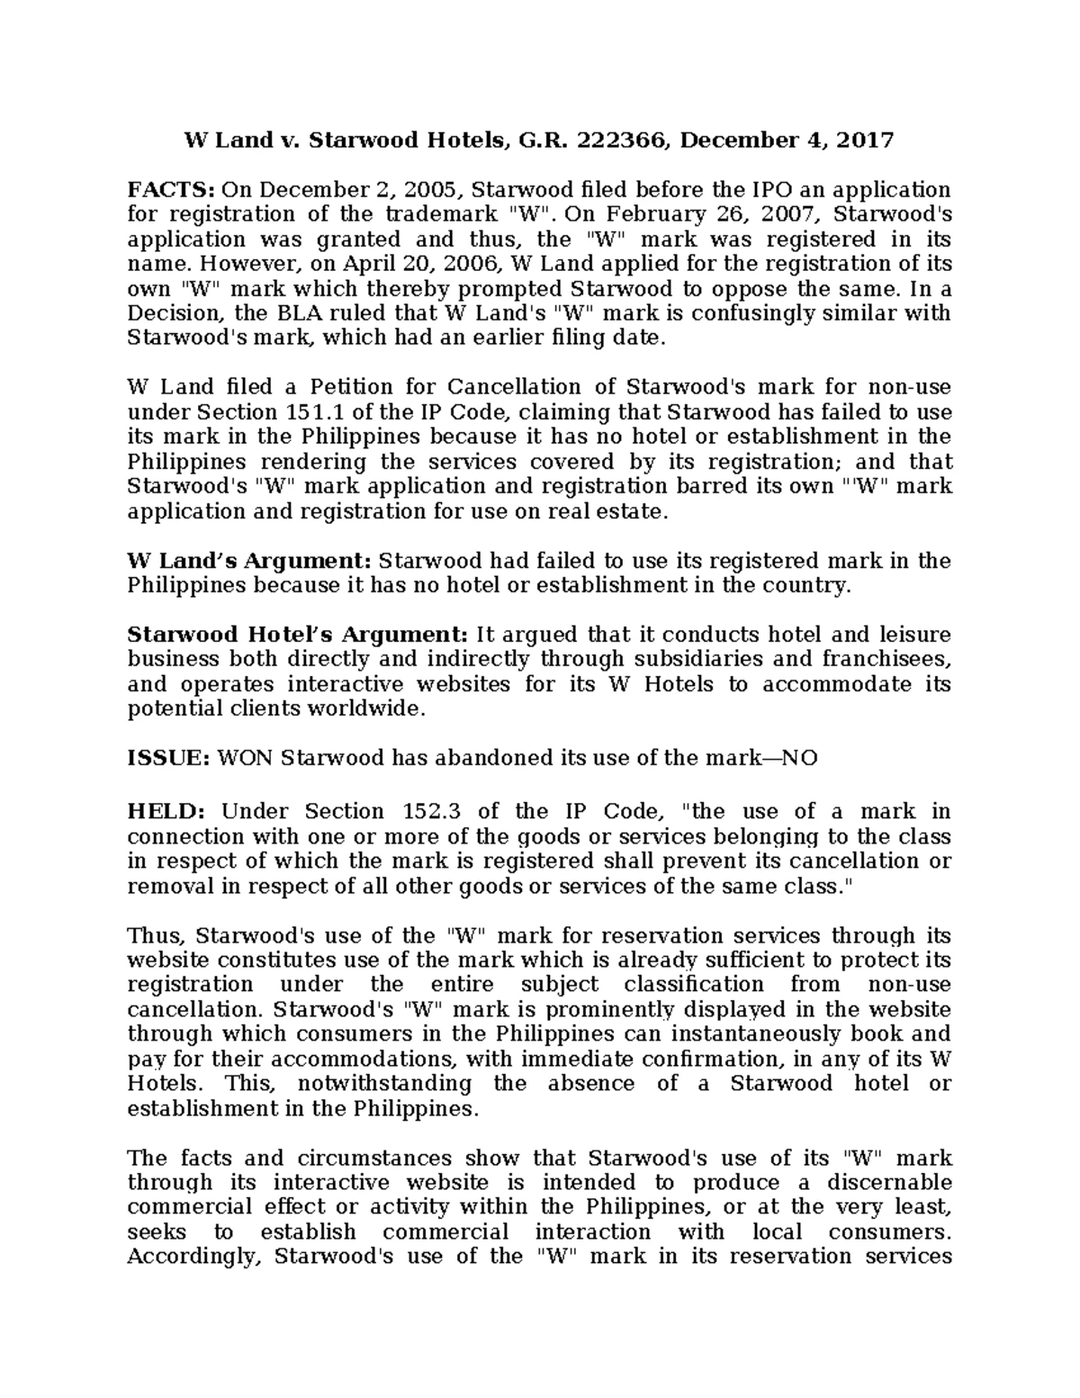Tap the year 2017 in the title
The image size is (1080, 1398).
click(x=865, y=140)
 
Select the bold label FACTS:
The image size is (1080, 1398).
click(x=171, y=190)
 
